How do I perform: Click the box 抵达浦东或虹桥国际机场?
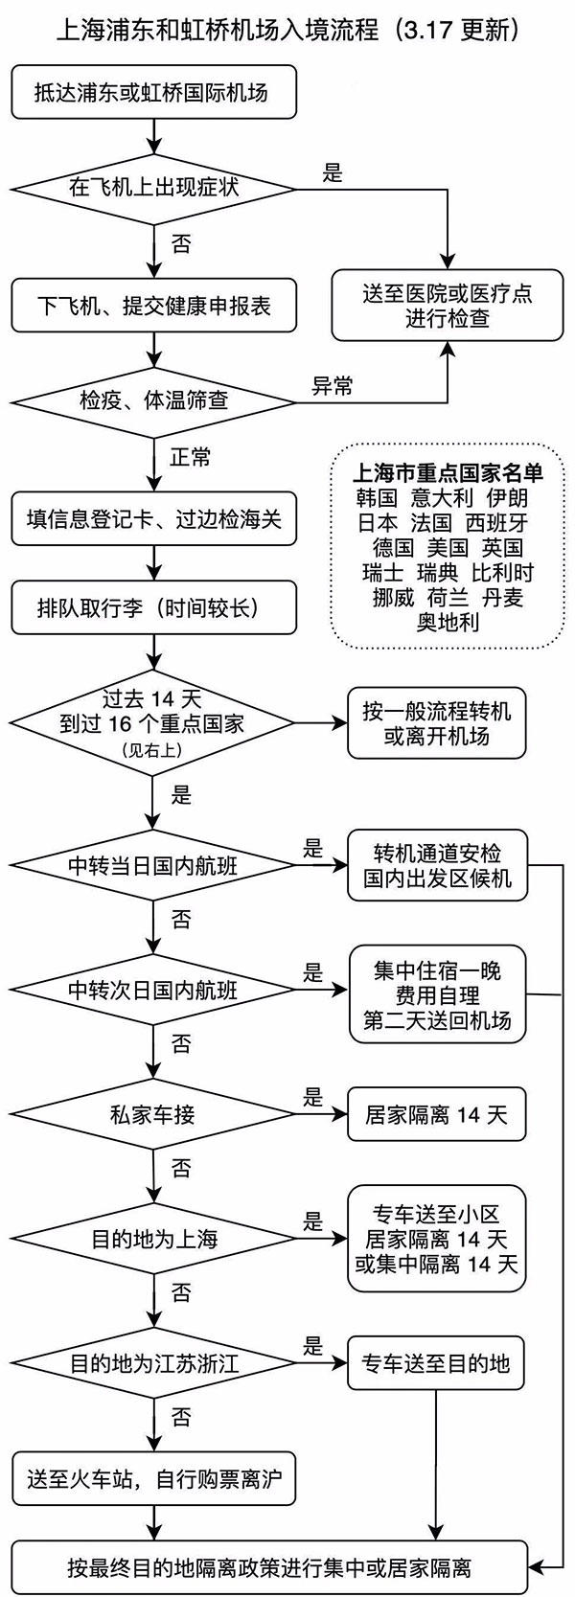point(153,93)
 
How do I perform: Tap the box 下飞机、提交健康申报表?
point(153,306)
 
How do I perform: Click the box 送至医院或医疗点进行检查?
point(447,305)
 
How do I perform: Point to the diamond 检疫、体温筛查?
point(153,399)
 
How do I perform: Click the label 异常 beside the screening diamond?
point(333,386)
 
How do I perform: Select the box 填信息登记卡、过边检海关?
point(153,520)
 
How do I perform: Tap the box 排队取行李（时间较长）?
point(153,607)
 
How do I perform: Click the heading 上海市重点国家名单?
point(447,473)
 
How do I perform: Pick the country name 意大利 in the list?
point(442,498)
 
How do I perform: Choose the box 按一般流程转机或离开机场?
point(436,724)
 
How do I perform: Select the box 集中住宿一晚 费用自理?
point(436,994)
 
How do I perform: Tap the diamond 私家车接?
point(153,1115)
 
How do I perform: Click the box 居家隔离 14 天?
point(436,1114)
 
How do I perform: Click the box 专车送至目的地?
point(436,1362)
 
